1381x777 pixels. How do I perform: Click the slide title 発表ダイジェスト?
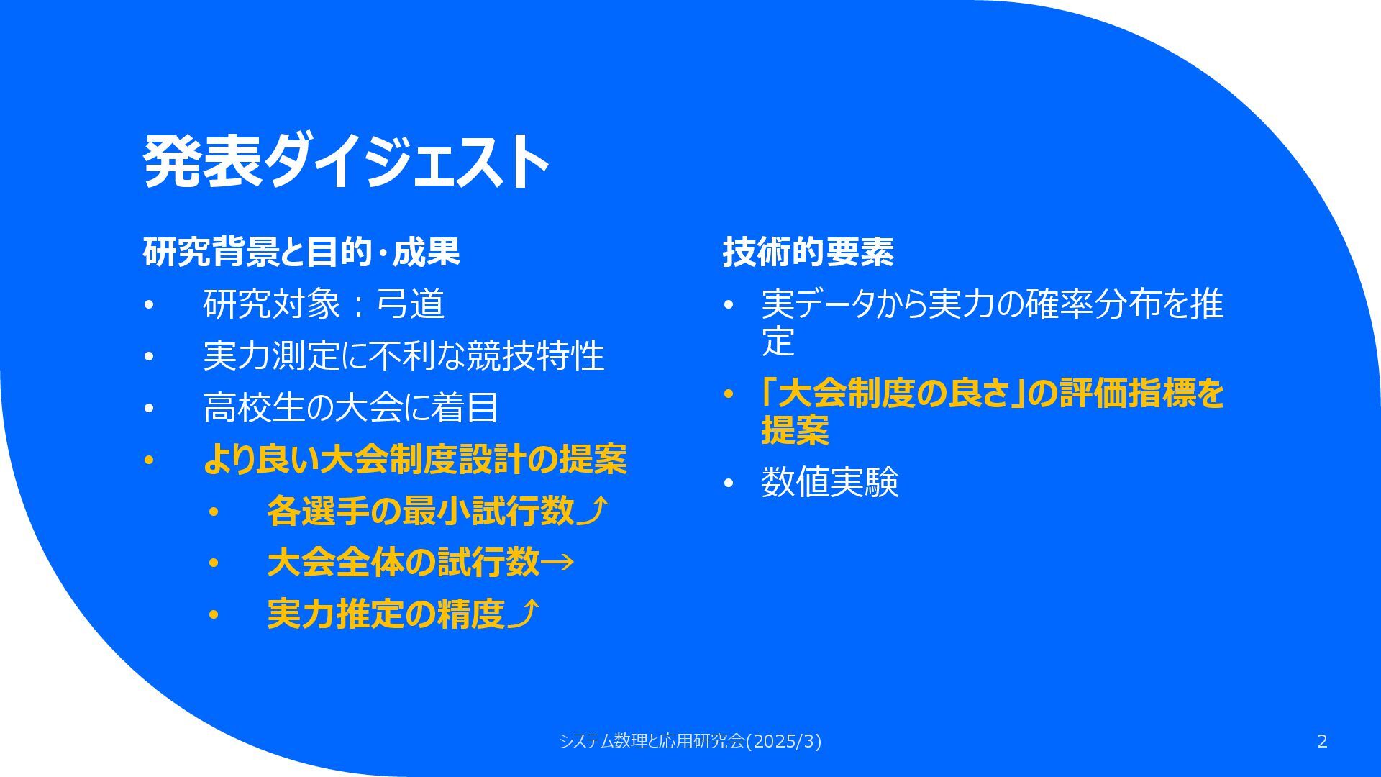click(x=347, y=161)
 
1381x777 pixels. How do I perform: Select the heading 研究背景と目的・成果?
click(x=301, y=252)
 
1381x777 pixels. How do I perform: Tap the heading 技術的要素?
click(x=808, y=252)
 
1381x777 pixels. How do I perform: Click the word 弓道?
click(x=411, y=304)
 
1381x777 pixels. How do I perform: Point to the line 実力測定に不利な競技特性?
click(x=404, y=355)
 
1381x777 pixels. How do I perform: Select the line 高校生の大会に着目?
click(x=351, y=407)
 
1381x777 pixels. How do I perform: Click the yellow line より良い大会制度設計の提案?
click(x=415, y=459)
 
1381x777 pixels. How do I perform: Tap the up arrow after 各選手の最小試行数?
click(x=593, y=511)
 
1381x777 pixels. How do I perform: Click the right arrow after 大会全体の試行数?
click(x=557, y=563)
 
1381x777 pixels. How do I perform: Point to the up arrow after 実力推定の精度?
click(x=523, y=614)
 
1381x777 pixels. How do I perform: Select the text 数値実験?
click(x=830, y=482)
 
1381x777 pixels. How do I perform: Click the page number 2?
click(x=1322, y=741)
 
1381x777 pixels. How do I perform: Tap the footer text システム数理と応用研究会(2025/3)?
click(x=690, y=741)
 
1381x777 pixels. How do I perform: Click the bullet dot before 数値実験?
click(x=728, y=483)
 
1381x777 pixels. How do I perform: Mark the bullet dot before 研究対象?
click(x=149, y=305)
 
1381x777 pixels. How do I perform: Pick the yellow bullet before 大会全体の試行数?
click(x=213, y=564)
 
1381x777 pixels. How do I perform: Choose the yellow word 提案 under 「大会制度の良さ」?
click(x=796, y=430)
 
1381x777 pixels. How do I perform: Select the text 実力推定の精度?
click(x=386, y=614)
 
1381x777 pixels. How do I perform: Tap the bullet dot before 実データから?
click(x=728, y=305)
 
